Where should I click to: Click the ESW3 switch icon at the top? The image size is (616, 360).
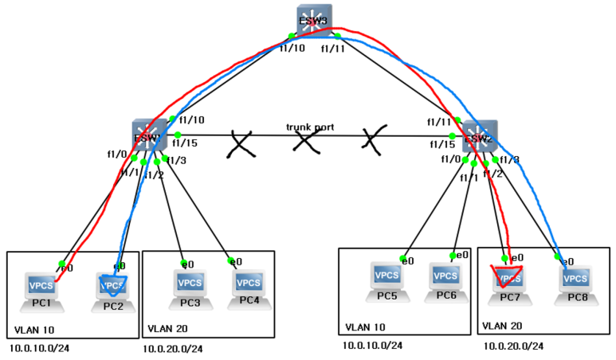click(313, 22)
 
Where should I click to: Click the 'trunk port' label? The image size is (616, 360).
click(311, 127)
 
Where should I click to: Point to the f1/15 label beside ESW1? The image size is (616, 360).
click(183, 143)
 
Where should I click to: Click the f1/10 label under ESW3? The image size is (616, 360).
click(292, 49)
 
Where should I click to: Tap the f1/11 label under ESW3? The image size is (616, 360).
click(334, 49)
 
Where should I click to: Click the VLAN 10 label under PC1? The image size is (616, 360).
click(35, 329)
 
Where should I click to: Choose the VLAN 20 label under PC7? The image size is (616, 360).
click(504, 325)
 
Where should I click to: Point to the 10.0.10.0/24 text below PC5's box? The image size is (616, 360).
click(372, 345)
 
